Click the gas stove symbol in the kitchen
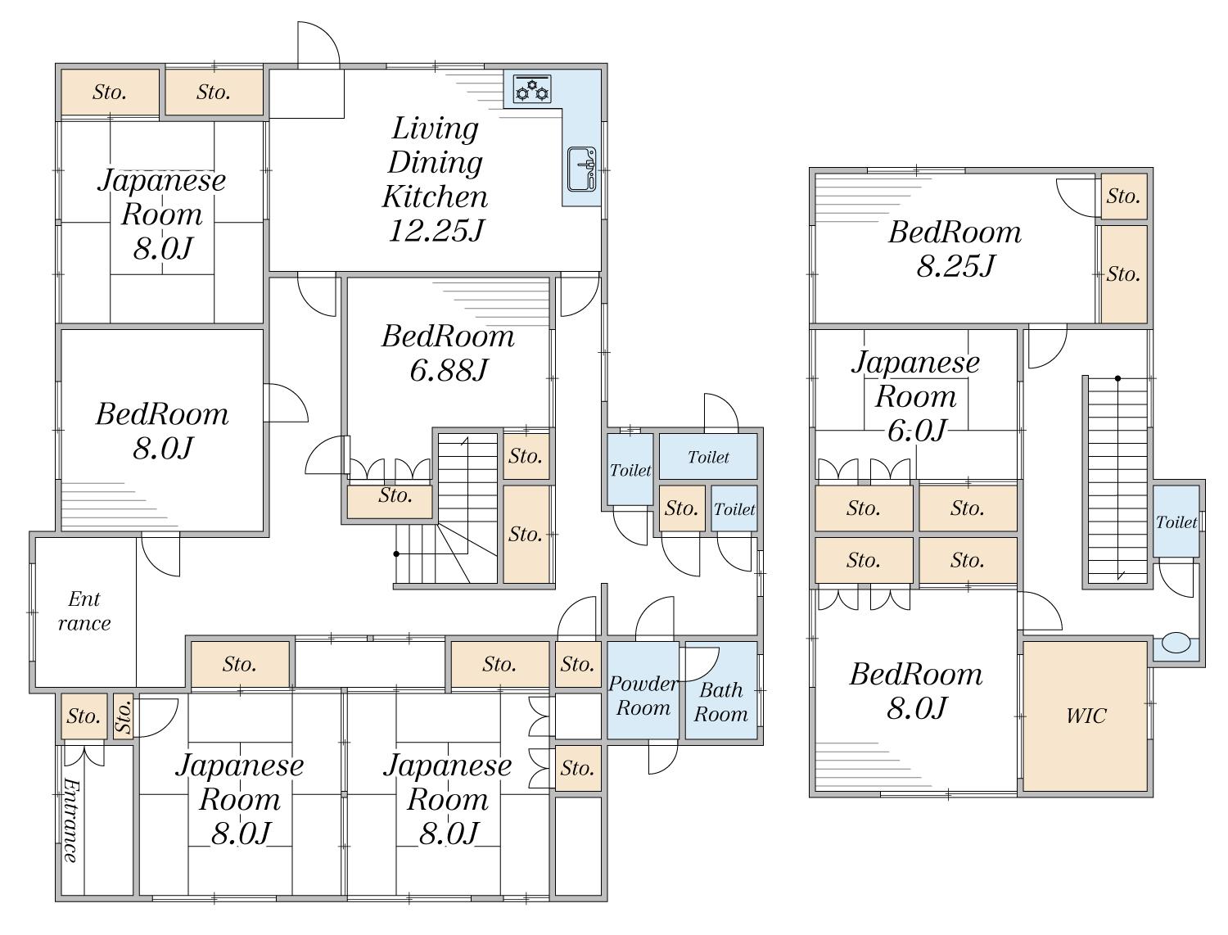point(532,89)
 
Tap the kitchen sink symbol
point(582,169)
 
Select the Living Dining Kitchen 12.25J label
point(436,179)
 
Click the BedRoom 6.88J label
point(448,353)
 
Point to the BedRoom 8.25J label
point(955,248)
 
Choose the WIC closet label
point(1086,716)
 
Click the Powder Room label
point(643,695)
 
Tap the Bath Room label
point(720,702)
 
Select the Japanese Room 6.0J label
point(916,396)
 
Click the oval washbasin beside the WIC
point(1176,643)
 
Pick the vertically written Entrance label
point(70,820)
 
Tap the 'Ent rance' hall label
point(84,611)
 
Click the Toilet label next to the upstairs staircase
point(1176,522)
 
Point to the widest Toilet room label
point(708,457)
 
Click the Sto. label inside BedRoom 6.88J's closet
point(395,495)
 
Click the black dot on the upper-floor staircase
point(1117,379)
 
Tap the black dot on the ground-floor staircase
point(397,554)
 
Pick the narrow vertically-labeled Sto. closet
point(124,716)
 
